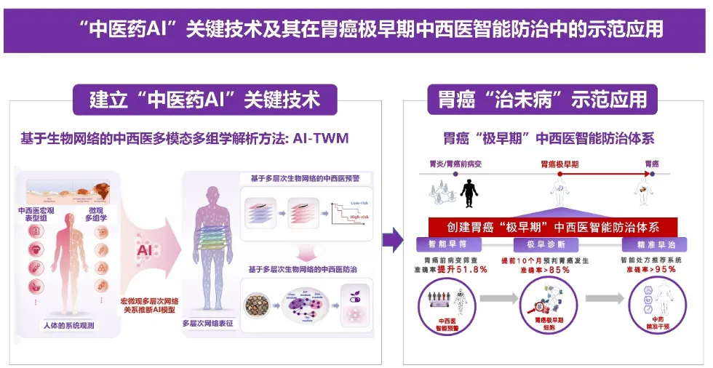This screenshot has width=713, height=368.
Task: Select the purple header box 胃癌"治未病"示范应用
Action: tap(542, 99)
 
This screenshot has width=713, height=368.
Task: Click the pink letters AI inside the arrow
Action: tap(144, 250)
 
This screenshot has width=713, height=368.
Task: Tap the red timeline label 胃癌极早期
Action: tap(559, 164)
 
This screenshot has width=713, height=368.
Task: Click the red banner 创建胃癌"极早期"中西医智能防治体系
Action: tap(553, 226)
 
